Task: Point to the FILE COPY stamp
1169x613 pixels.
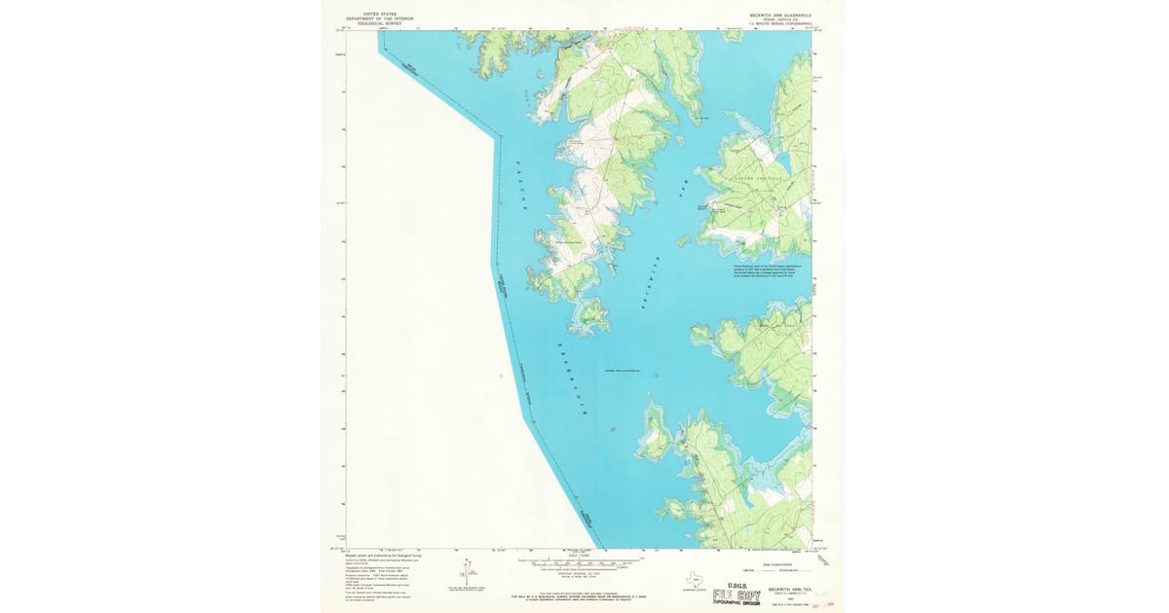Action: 736,595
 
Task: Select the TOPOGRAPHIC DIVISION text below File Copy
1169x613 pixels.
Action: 737,604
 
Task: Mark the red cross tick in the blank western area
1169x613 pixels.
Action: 502,376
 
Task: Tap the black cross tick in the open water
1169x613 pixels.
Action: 657,376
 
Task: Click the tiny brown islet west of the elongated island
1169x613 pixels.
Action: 611,429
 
